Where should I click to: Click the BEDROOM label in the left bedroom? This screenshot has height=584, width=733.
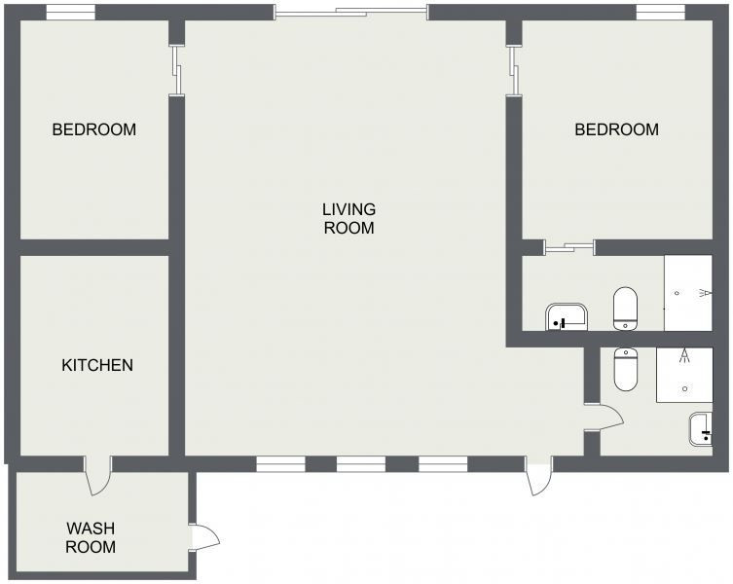click(x=94, y=129)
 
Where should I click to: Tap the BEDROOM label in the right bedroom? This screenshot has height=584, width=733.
click(x=616, y=129)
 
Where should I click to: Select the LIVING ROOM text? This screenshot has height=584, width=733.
click(x=348, y=219)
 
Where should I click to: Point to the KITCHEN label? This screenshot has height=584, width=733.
click(x=97, y=366)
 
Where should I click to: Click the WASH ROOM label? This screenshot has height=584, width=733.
click(x=91, y=537)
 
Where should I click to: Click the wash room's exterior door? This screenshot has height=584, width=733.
click(x=205, y=536)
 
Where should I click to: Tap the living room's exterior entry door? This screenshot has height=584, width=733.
click(x=539, y=476)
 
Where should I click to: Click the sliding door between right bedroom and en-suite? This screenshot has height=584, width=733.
click(x=569, y=246)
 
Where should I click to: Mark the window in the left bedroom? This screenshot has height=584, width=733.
click(x=71, y=13)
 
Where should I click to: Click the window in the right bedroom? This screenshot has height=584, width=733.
click(x=662, y=13)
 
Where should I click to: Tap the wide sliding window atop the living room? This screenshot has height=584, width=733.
click(x=350, y=13)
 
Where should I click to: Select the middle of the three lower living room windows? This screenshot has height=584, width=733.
click(x=361, y=464)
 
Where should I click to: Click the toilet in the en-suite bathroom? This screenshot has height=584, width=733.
click(x=625, y=308)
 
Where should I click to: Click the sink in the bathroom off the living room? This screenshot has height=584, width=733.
click(x=701, y=429)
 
